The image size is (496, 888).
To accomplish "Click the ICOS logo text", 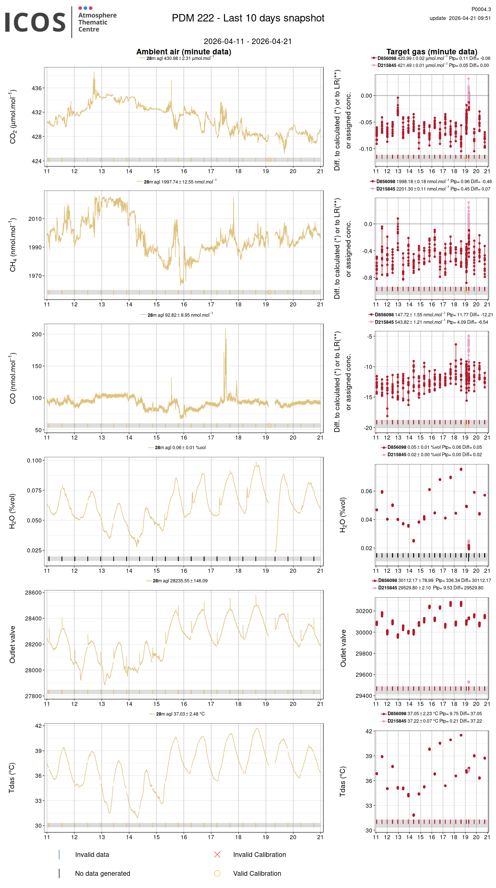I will [x=35, y=22].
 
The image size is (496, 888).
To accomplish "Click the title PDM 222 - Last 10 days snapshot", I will [x=248, y=18].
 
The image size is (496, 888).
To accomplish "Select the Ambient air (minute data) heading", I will [x=184, y=52].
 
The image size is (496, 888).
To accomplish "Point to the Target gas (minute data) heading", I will [x=432, y=52].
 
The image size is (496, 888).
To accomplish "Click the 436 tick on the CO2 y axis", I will [x=37, y=88].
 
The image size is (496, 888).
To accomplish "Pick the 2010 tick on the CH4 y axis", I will [x=35, y=219].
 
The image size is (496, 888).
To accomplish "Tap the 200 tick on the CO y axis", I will [x=37, y=334].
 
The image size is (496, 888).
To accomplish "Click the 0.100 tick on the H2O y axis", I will [x=34, y=460].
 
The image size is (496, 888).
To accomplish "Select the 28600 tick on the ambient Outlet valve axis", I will [x=33, y=592].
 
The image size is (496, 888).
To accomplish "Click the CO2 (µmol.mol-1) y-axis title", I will [x=13, y=116].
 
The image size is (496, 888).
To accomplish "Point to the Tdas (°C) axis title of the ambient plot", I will [x=12, y=777].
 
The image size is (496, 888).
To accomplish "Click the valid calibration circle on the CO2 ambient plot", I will [x=269, y=160].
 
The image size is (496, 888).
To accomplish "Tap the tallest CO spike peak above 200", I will [x=225, y=329].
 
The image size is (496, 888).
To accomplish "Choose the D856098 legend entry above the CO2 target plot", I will [x=386, y=58].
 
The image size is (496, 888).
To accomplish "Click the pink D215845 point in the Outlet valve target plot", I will [x=469, y=682].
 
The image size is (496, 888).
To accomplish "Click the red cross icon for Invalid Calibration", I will [x=217, y=854].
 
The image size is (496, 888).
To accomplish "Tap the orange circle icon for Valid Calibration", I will [x=217, y=873].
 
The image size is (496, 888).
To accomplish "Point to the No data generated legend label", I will [x=103, y=873].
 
